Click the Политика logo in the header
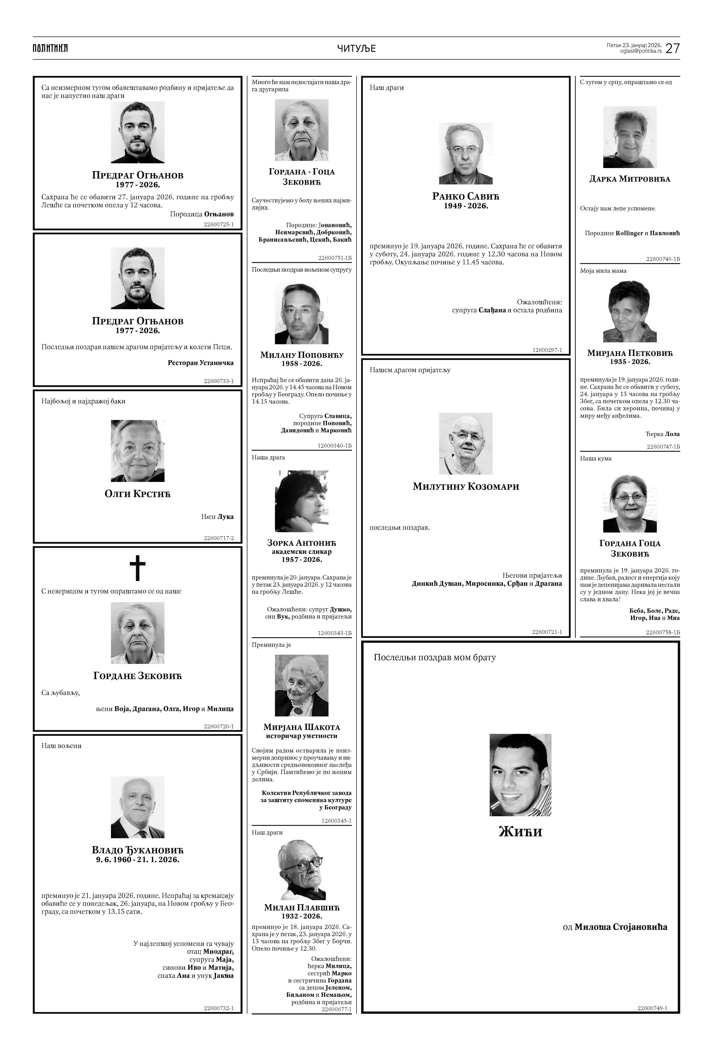[50, 48]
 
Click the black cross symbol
[138, 568]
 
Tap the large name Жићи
[520, 831]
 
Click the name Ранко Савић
[466, 196]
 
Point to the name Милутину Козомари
[466, 487]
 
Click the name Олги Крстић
[138, 494]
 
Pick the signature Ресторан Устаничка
[200, 363]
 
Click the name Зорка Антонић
[301, 543]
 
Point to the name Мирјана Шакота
[301, 727]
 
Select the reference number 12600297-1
[547, 350]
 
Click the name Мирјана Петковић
[629, 353]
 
